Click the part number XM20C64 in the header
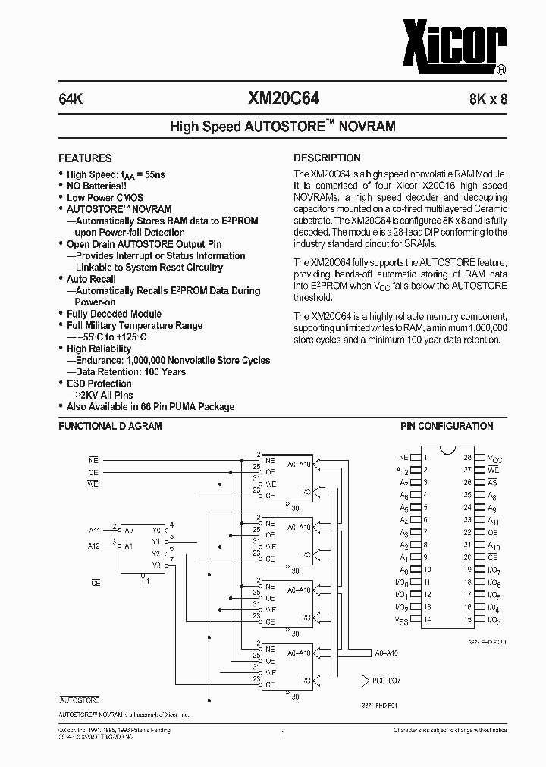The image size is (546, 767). coord(284,98)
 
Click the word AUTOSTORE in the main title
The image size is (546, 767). coord(285,127)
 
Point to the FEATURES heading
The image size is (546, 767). coord(85,158)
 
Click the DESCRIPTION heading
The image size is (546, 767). coord(327,158)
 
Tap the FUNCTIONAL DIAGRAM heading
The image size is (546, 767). coord(110,427)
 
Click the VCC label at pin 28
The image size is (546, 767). coord(494,458)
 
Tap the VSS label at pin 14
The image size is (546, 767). coord(402,619)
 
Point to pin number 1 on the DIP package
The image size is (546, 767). coord(425,457)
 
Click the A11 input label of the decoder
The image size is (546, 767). coord(95,530)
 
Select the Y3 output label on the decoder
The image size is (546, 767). coord(156,565)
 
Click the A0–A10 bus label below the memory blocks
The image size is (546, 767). coord(386,653)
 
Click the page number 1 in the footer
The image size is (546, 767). coord(282,733)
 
